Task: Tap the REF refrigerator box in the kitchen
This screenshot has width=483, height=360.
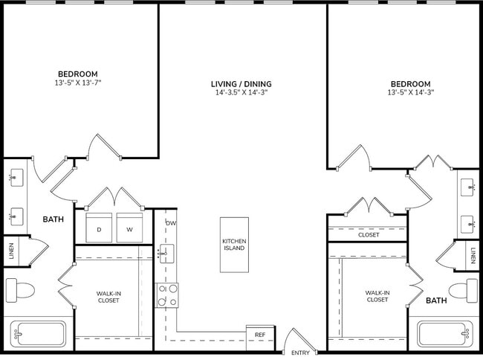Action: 259,335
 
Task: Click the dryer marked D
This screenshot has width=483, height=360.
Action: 99,228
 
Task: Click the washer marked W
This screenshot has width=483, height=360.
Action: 129,228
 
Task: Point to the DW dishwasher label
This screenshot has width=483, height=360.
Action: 171,223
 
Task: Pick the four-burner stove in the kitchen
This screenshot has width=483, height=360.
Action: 166,295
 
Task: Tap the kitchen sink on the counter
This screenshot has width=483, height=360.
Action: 166,254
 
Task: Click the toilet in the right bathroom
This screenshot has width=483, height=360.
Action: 464,289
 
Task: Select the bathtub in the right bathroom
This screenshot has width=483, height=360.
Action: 444,334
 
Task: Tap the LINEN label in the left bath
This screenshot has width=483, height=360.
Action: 10,251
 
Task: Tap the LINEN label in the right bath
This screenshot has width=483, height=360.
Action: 473,256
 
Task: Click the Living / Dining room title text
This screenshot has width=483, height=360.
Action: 241,84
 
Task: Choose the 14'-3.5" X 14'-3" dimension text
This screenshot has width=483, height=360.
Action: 241,94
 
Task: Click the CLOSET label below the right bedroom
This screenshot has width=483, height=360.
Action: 368,234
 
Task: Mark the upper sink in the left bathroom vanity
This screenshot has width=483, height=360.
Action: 16,179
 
